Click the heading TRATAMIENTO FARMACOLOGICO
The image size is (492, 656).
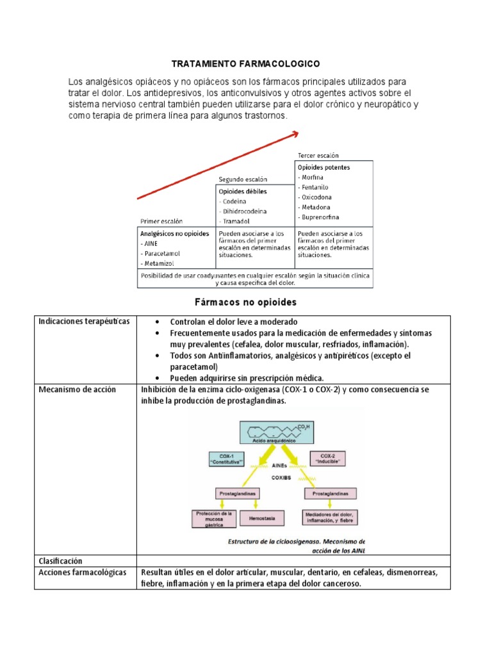point(245,65)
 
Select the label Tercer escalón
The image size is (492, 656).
point(318,156)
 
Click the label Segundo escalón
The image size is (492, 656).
point(243,179)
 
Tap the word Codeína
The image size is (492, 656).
point(235,201)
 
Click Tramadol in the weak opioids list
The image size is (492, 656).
point(236,221)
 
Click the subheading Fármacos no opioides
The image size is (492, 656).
point(245,301)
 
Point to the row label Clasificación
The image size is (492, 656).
point(61,561)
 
